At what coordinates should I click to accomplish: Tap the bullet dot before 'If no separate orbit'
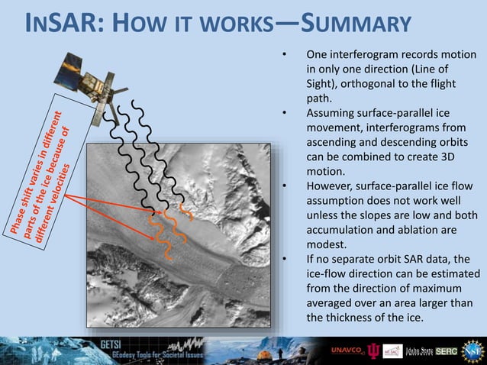tap(284, 259)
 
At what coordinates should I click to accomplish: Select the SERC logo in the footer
tap(447, 350)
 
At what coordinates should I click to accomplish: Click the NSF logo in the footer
tap(472, 350)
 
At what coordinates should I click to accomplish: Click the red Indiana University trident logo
tap(373, 350)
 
